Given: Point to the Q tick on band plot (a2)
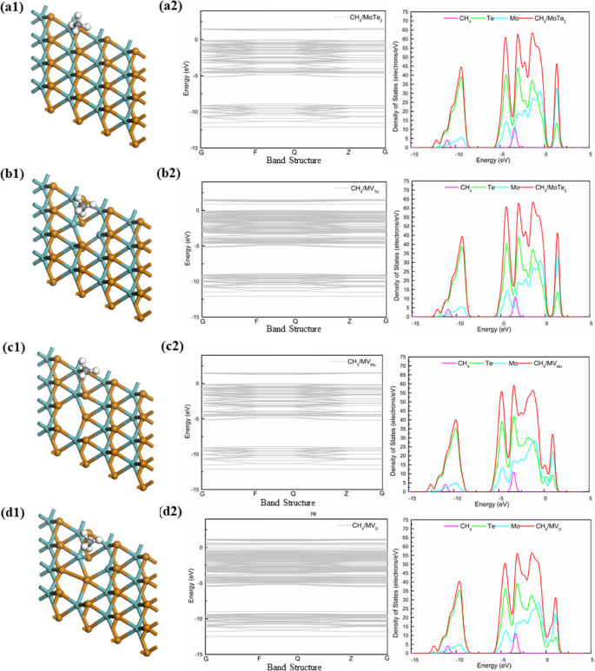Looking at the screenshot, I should [x=295, y=152].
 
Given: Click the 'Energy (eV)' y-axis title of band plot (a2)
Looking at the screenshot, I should [x=187, y=78].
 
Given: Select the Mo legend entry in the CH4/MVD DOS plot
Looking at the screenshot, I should [x=516, y=526].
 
